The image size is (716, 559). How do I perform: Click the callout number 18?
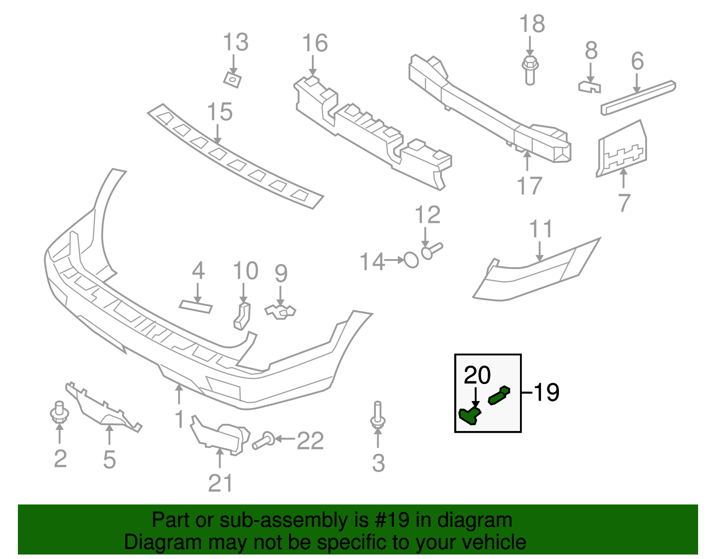pyautogui.click(x=532, y=24)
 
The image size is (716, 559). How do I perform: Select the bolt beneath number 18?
pyautogui.click(x=530, y=70)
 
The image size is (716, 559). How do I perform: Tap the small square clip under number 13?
pyautogui.click(x=232, y=80)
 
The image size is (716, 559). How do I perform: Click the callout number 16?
pyautogui.click(x=315, y=43)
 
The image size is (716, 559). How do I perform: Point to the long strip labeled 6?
pyautogui.click(x=638, y=97)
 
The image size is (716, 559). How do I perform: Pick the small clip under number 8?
pyautogui.click(x=589, y=86)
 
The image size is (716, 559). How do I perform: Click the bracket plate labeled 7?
pyautogui.click(x=622, y=149)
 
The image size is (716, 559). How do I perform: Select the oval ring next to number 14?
pyautogui.click(x=411, y=260)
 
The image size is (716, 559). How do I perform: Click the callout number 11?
pyautogui.click(x=541, y=229)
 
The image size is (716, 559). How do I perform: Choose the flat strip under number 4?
pyautogui.click(x=196, y=307)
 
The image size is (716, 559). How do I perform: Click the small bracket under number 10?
pyautogui.click(x=242, y=316)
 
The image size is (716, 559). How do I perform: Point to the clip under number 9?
pyautogui.click(x=281, y=312)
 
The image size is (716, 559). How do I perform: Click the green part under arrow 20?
pyautogui.click(x=469, y=415)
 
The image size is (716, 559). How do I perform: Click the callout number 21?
pyautogui.click(x=220, y=483)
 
